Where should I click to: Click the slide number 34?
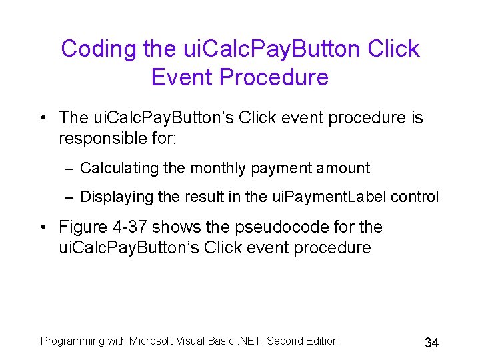tap(431, 343)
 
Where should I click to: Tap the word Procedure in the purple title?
tap(273, 77)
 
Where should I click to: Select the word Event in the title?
tap(181, 77)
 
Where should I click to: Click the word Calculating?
tap(120, 168)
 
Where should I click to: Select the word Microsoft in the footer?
tap(151, 341)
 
